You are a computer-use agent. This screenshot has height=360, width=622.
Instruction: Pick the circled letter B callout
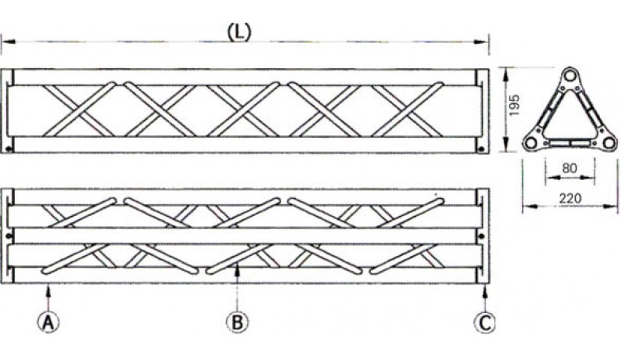point(235,320)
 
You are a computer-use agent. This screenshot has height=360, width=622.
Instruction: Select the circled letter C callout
point(486,320)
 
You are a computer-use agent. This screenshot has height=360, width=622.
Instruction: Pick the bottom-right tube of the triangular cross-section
point(606,142)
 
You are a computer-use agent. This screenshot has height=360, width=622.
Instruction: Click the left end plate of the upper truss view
point(8,111)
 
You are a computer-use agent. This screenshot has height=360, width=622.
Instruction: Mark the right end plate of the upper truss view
point(484,111)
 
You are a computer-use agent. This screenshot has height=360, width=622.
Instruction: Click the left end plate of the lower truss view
point(8,235)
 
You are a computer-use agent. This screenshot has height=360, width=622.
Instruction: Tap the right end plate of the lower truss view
point(484,235)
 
